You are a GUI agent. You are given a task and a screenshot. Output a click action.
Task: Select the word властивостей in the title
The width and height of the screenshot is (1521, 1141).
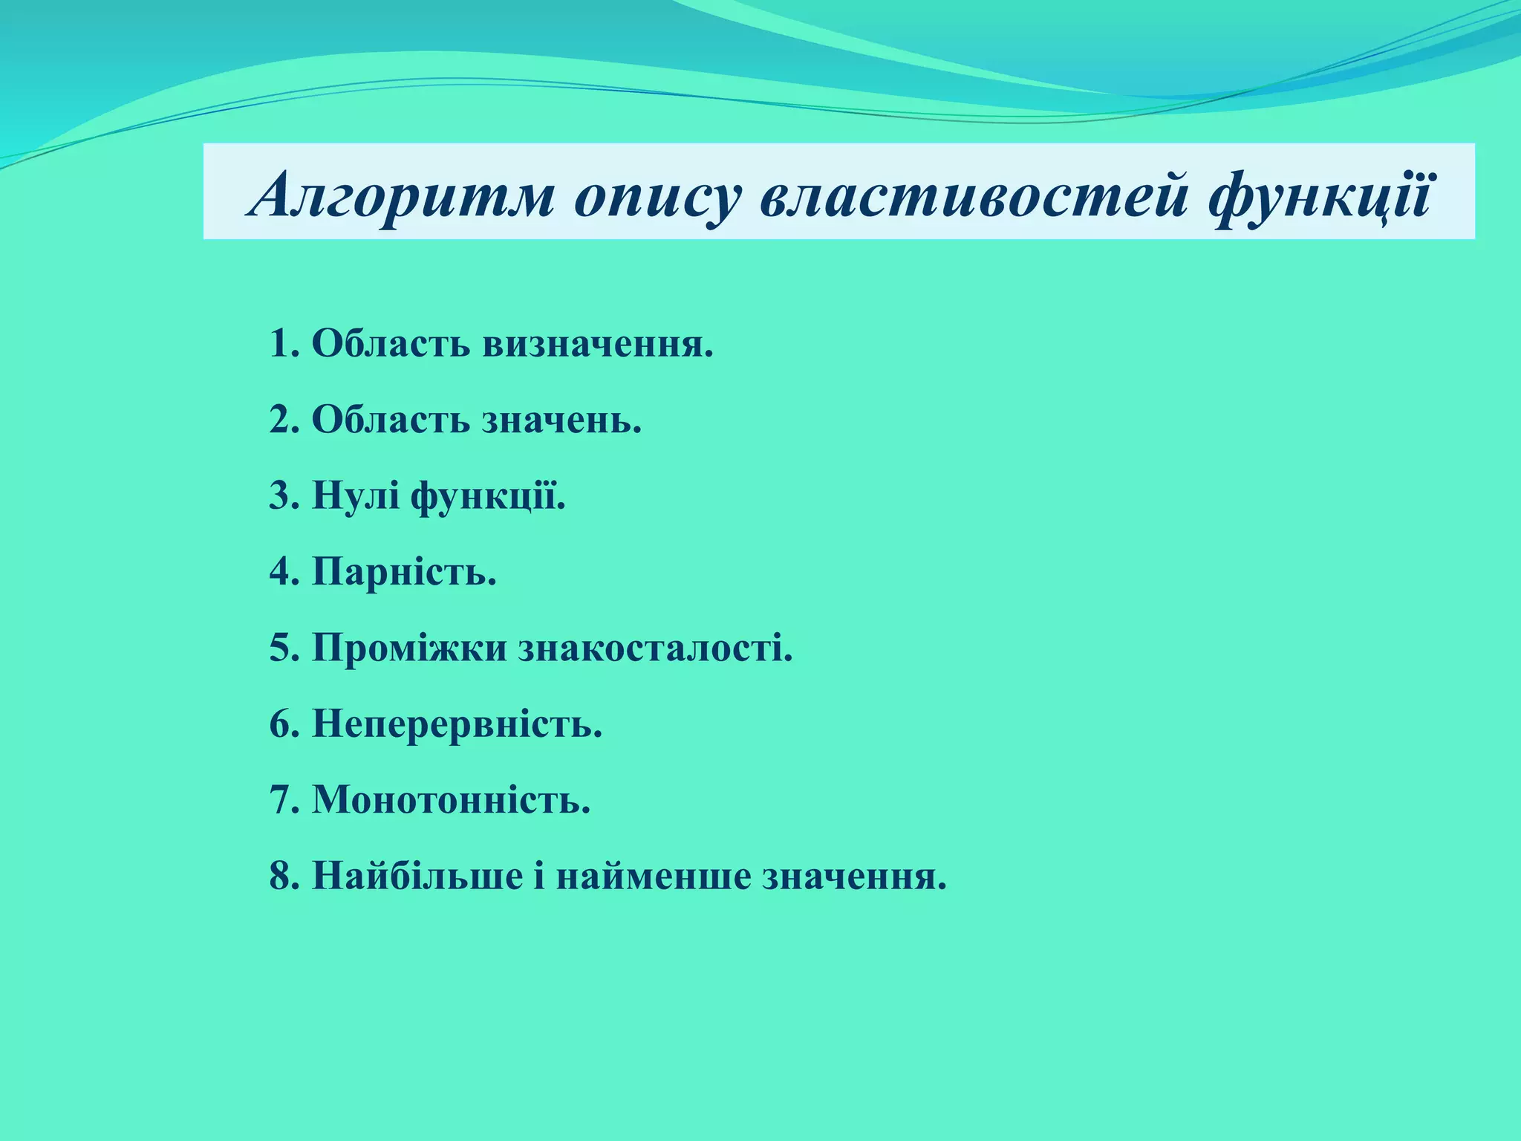tap(973, 195)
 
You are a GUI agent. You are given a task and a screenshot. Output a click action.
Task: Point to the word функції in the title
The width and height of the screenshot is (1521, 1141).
tap(1319, 195)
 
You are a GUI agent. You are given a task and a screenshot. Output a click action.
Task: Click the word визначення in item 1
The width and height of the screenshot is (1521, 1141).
tap(598, 343)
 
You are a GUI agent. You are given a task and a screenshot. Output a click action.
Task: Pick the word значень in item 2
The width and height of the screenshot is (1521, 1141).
tap(561, 420)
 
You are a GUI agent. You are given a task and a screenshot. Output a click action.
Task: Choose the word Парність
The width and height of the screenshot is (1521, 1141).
tap(404, 572)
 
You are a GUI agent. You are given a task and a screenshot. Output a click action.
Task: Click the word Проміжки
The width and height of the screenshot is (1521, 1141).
tap(409, 648)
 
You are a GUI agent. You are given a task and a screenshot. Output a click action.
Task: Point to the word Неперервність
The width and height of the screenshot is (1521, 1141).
tap(457, 724)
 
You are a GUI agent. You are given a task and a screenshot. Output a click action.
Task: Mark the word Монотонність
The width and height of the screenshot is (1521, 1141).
tap(451, 800)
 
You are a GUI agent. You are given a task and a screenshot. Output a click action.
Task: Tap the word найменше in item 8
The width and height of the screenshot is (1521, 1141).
tap(653, 876)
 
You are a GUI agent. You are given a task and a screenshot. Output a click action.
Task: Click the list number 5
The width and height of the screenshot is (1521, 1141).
tap(283, 648)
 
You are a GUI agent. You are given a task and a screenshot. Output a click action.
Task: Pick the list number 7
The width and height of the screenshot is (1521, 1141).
tap(283, 800)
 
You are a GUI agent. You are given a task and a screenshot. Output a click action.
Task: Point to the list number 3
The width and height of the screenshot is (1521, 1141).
tap(283, 495)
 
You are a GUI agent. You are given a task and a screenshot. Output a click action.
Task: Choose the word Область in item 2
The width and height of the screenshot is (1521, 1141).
tap(391, 420)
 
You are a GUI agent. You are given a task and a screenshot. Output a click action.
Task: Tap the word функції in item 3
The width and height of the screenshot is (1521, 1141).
tap(488, 495)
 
